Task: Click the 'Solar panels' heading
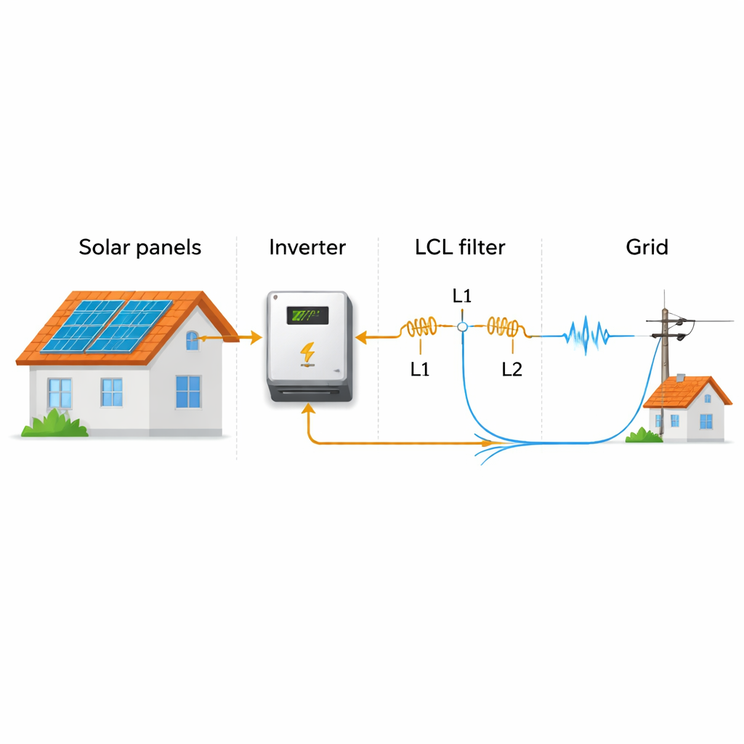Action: point(139,247)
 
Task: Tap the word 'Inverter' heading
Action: point(307,247)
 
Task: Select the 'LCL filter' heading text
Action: point(460,247)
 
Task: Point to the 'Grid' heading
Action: point(647,247)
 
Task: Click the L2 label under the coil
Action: point(512,369)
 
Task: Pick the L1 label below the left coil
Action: point(420,369)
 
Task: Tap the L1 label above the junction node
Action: point(462,296)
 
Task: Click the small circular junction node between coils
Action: point(461,328)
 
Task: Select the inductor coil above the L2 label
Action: point(503,327)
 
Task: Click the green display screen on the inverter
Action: point(308,315)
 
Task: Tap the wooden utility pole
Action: point(665,341)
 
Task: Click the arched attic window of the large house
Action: point(192,339)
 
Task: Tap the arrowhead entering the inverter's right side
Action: point(360,336)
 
